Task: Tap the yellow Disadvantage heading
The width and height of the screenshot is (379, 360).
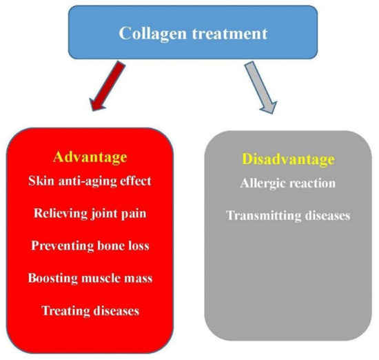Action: point(288,160)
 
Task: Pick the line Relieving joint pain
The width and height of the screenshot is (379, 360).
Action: point(90,214)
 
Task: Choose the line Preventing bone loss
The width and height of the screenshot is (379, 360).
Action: point(90,246)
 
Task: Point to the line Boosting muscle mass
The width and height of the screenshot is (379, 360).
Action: point(90,278)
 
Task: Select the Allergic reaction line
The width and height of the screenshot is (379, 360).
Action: point(288,184)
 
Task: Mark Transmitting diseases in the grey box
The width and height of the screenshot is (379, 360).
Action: point(288,216)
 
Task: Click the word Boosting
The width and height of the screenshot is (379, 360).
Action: point(54,278)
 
